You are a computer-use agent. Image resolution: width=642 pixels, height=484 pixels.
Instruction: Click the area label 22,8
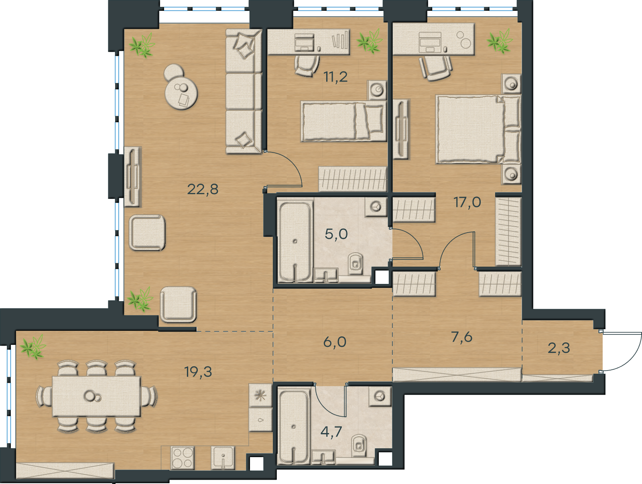203,189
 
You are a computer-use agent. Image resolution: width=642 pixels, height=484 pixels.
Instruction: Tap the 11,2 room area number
335,77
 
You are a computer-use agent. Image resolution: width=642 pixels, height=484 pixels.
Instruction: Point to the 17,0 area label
467,202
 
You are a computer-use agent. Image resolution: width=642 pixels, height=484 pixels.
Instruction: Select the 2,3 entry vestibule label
559,348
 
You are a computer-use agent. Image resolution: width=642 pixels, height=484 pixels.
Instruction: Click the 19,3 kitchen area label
198,372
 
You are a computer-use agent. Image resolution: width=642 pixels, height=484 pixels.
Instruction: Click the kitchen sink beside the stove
223,458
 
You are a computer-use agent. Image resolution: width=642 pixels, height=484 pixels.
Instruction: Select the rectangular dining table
97,397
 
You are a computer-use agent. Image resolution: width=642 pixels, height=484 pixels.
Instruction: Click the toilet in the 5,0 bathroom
356,263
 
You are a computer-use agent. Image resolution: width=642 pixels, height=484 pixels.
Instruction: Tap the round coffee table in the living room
181,93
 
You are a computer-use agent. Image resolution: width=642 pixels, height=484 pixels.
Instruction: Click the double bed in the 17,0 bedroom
478,129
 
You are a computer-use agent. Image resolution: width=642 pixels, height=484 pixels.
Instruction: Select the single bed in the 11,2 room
344,122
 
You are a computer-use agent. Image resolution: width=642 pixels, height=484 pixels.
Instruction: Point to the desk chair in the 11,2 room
307,65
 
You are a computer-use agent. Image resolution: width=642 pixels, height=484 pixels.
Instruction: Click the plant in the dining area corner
33,347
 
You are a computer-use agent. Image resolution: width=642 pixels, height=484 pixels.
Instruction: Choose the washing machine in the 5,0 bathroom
376,207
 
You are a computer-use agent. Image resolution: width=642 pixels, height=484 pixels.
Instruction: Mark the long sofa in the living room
244,91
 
